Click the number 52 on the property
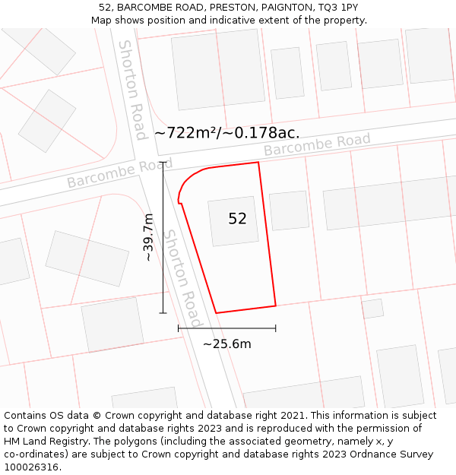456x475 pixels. click(x=237, y=219)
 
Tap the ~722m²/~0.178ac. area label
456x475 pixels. click(x=226, y=133)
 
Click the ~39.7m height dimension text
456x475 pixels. click(x=149, y=237)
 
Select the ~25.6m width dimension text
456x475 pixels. click(x=226, y=344)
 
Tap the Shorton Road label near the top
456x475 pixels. click(x=131, y=89)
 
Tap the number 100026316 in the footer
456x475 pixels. click(x=33, y=467)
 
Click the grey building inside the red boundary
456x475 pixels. click(x=233, y=221)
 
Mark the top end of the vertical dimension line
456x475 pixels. click(x=163, y=162)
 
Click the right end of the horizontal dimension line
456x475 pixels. click(x=275, y=328)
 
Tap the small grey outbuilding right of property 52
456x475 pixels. click(x=372, y=309)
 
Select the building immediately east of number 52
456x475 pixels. click(x=290, y=211)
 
